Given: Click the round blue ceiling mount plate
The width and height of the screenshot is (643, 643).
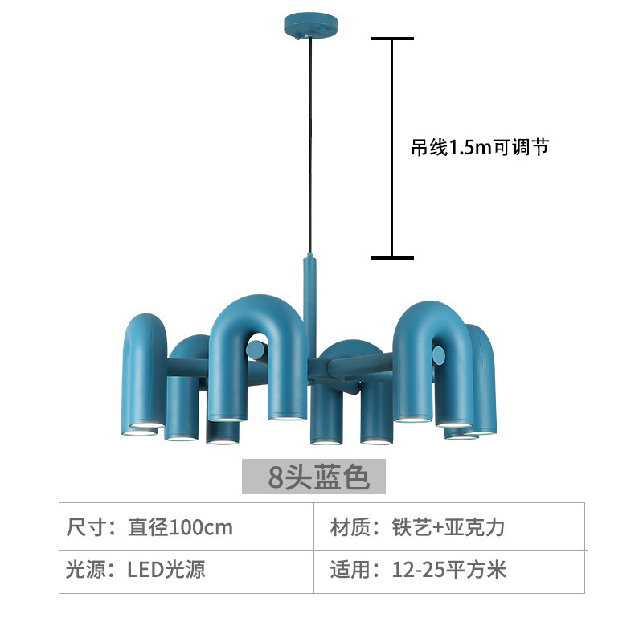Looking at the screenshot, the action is click(310, 26).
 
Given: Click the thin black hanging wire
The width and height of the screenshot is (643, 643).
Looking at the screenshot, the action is click(310, 145).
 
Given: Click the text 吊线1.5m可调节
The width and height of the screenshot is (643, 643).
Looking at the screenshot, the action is click(480, 147).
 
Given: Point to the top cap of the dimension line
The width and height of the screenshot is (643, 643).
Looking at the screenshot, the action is click(392, 39).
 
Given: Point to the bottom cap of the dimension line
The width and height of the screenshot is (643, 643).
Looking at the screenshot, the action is click(392, 258).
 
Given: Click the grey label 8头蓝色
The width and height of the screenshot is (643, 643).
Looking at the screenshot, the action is click(313, 476).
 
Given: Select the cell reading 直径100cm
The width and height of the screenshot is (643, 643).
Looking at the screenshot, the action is click(180, 527).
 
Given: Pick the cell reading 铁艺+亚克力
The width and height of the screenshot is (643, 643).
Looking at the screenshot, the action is click(448, 527).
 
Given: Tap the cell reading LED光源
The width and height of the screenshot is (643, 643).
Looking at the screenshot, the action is click(166, 570).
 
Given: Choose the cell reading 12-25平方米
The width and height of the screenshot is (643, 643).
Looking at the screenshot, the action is click(449, 570).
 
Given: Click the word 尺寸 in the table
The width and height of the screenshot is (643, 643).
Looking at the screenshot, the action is click(86, 527).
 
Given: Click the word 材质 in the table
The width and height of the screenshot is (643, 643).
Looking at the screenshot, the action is click(350, 527).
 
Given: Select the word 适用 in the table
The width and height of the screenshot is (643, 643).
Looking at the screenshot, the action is click(350, 570).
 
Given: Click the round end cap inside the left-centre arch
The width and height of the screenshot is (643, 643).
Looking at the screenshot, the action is click(256, 350).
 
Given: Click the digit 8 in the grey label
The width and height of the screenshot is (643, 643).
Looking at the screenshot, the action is click(276, 477).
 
